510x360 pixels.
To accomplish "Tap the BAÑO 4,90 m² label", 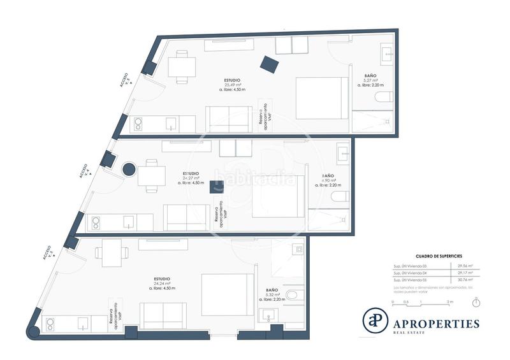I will [x=328, y=180].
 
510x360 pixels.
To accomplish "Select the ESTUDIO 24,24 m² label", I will [x=162, y=284].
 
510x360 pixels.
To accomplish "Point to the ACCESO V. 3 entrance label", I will [x=48, y=252].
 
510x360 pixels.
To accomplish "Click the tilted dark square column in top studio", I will [x=269, y=64].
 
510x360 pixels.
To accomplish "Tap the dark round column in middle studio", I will [x=129, y=170].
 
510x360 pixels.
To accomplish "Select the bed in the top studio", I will [x=322, y=98].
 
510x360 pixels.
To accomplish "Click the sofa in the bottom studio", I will [x=163, y=315].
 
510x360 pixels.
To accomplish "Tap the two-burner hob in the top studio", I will [x=138, y=124].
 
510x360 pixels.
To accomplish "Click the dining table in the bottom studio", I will [x=112, y=252].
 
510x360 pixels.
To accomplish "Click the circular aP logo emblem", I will [x=375, y=320].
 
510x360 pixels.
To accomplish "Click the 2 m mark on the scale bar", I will [x=450, y=301].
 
